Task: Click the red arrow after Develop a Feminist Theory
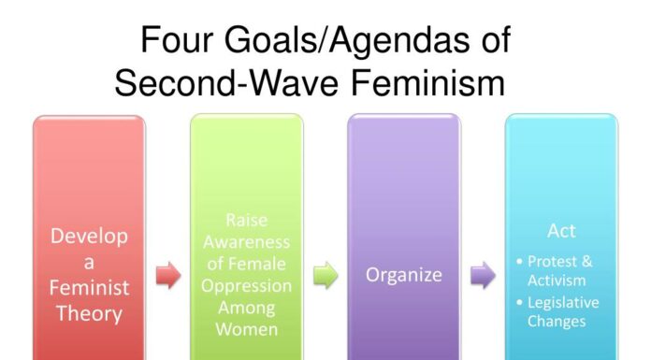168,276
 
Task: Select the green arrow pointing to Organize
325,276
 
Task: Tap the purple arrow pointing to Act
483,276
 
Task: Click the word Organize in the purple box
404,276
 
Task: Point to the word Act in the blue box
561,230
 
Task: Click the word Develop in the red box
90,237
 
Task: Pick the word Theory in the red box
90,312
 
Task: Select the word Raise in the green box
247,221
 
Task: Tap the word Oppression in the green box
247,285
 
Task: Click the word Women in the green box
247,329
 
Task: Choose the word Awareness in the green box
247,242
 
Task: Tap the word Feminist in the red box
90,287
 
